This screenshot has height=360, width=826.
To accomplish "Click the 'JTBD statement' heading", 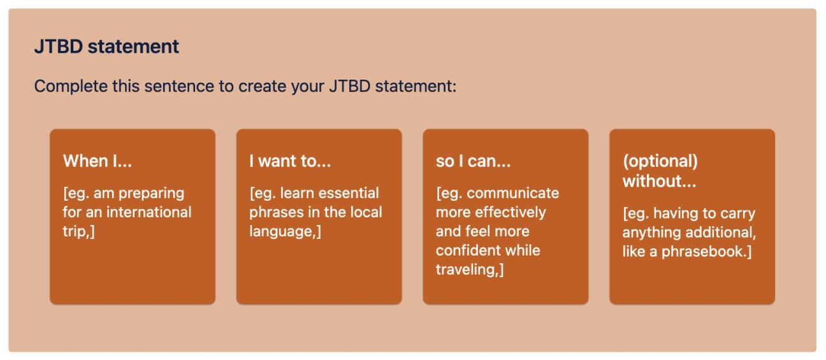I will click(106, 47).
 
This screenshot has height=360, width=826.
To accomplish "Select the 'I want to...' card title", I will click(290, 161).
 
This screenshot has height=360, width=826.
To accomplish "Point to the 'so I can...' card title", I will click(473, 161).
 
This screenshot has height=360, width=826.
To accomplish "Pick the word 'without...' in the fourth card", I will click(660, 181).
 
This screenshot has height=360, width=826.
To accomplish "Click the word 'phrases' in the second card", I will click(273, 212).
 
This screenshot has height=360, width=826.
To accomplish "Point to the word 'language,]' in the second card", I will click(285, 231).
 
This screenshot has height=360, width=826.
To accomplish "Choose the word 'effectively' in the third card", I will click(513, 212).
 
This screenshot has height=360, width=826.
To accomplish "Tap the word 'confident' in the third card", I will click(465, 250).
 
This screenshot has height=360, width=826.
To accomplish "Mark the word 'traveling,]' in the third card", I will click(470, 269).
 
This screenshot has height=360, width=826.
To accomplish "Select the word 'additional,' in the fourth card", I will click(721, 233).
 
